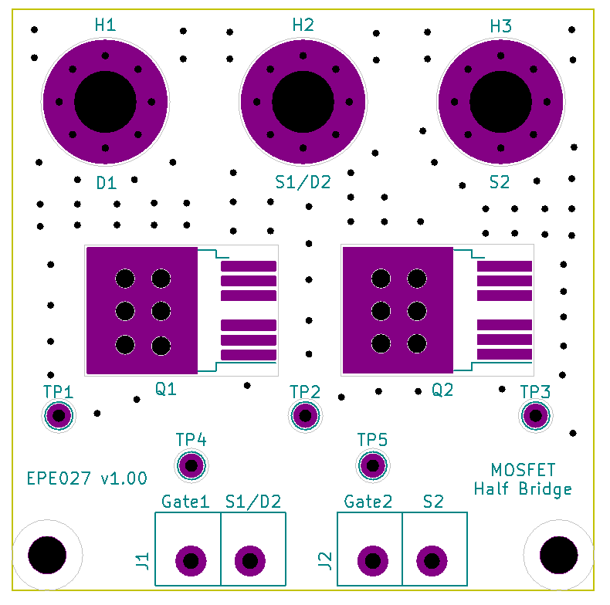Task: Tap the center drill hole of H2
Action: coord(303,101)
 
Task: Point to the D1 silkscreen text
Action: coord(106,183)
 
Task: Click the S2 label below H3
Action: coord(500,183)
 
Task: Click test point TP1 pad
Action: coord(59,417)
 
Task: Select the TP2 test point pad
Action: coord(305,417)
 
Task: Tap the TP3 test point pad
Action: coord(534,417)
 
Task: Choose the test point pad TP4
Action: coord(191,465)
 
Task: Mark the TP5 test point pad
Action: coord(372,465)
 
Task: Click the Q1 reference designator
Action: coord(166,390)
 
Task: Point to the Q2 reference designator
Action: coord(442,390)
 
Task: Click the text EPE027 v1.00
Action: coord(86,478)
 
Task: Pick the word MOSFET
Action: coord(523,470)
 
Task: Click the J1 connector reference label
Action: coord(142,561)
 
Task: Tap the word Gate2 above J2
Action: coord(368,502)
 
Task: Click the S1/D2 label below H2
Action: coord(303,183)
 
